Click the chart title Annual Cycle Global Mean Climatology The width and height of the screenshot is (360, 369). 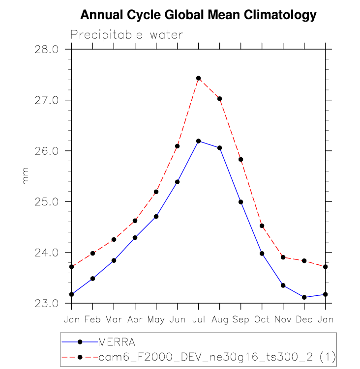pos(198,15)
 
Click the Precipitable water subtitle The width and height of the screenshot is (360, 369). pos(127,35)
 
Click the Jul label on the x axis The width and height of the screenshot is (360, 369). pos(199,319)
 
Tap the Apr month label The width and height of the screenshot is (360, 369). pos(135,319)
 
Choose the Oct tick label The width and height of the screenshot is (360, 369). pos(262,319)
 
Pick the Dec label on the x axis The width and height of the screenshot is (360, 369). pos(304,319)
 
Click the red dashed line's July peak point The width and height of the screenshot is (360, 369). pos(199,78)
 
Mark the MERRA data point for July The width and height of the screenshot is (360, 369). pos(199,141)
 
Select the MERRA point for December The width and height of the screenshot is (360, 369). pos(304,297)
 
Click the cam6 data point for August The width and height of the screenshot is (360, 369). pos(220,99)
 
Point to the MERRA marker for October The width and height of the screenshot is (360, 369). pos(262,254)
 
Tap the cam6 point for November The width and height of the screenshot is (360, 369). pos(283,257)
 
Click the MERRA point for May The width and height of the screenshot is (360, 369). pos(156,216)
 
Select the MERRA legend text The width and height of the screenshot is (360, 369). pos(116,341)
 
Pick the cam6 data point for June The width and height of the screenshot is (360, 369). pos(178,146)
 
